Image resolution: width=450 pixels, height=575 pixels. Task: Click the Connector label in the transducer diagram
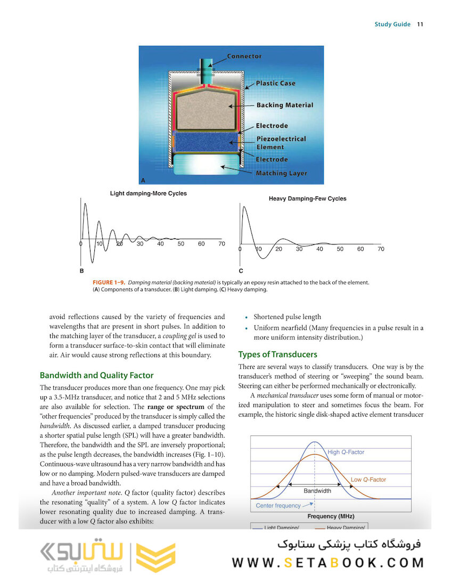(x=244, y=56)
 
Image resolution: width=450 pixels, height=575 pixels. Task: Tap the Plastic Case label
(x=275, y=83)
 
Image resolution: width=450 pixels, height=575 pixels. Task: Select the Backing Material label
(x=284, y=105)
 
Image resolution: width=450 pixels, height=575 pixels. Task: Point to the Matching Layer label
(x=281, y=174)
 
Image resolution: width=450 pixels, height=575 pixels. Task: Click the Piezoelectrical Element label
(x=281, y=143)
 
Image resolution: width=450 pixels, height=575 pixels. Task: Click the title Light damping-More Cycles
(x=148, y=193)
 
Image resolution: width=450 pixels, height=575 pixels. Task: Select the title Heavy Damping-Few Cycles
(x=307, y=199)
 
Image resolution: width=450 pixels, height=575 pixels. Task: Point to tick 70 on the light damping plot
(x=222, y=244)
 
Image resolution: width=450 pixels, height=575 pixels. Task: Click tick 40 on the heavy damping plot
(x=320, y=249)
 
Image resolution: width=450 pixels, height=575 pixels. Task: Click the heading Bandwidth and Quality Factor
(x=96, y=375)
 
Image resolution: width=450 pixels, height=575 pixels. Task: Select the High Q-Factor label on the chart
(x=346, y=452)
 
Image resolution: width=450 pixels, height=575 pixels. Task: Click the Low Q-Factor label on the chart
(x=368, y=480)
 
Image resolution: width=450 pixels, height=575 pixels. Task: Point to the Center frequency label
(x=278, y=505)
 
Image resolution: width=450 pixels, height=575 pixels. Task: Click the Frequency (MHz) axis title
(x=330, y=516)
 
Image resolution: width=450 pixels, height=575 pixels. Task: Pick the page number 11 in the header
(x=420, y=24)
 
